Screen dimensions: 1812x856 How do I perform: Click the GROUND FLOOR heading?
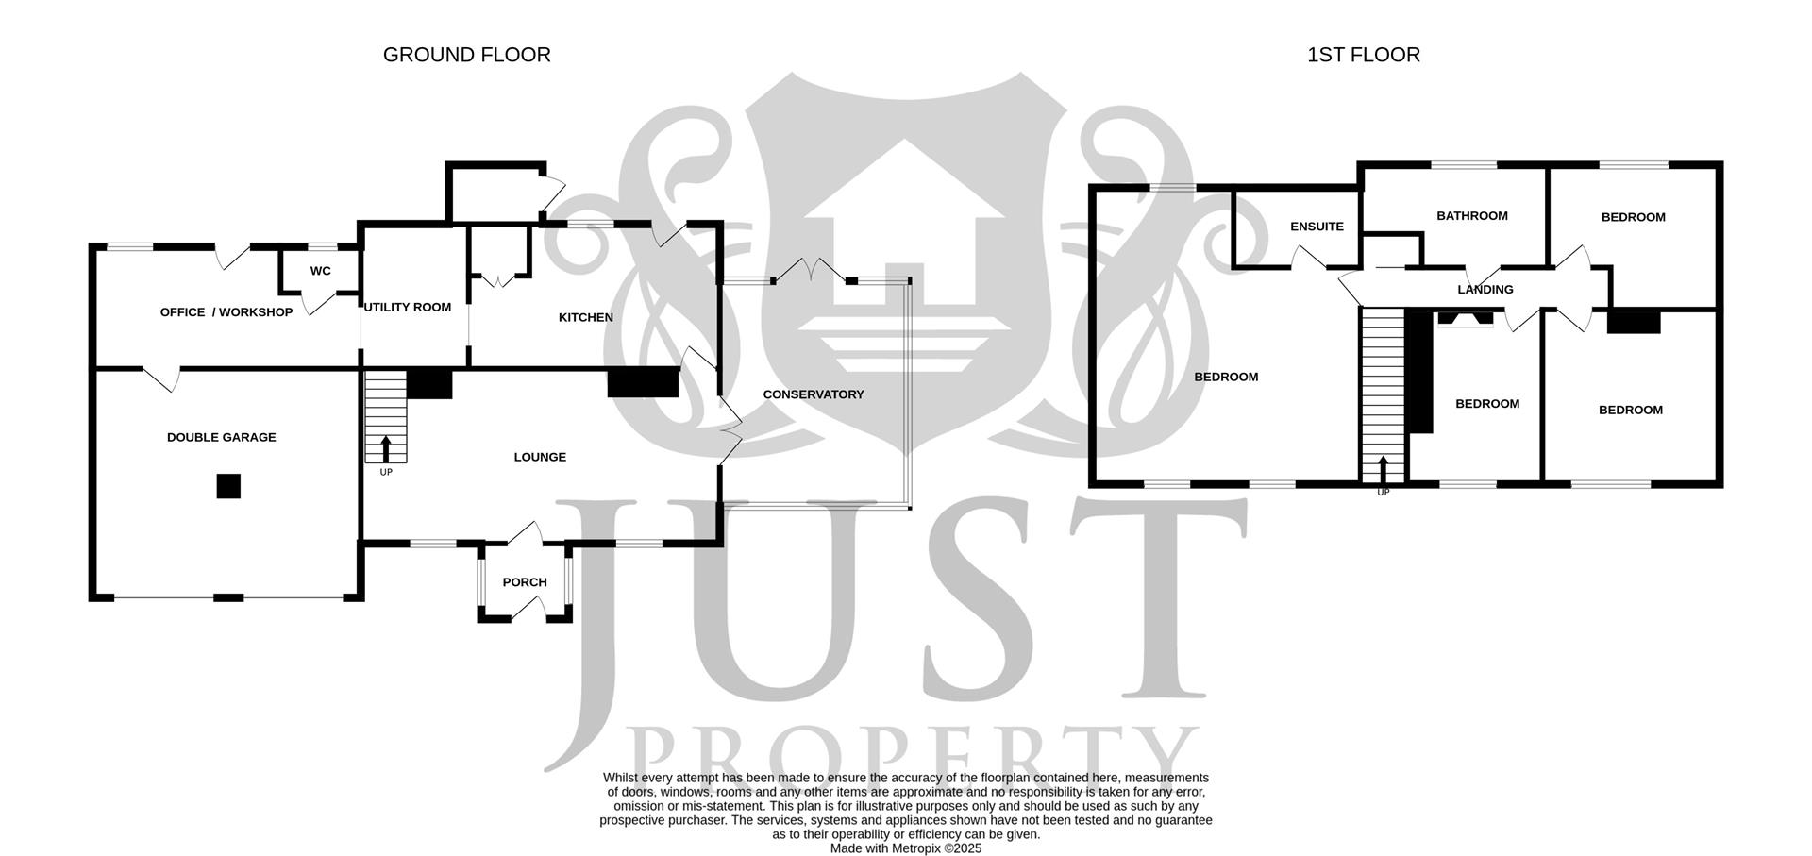point(466,55)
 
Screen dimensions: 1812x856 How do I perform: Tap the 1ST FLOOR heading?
point(1363,55)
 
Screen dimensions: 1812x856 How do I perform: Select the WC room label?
point(321,271)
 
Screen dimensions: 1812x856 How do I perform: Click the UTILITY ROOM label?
point(408,307)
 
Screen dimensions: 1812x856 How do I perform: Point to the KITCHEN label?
point(586,317)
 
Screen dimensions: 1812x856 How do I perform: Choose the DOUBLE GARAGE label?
point(222,437)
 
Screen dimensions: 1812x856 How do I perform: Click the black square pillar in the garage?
point(228,486)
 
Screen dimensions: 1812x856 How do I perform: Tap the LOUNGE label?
point(540,457)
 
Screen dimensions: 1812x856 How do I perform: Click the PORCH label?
point(525,582)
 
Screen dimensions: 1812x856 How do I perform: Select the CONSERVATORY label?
point(814,394)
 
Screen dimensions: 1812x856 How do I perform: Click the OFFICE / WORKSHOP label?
point(226,312)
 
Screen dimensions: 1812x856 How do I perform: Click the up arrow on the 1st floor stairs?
point(1384,468)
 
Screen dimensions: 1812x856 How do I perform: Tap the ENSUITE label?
point(1317,227)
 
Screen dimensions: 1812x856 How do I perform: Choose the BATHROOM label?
point(1472,216)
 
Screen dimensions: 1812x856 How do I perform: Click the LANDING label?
point(1485,290)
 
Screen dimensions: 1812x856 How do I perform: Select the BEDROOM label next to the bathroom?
point(1634,217)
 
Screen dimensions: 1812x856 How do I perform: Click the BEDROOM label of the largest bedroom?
point(1226,377)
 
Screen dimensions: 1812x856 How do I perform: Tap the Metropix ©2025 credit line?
point(906,848)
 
